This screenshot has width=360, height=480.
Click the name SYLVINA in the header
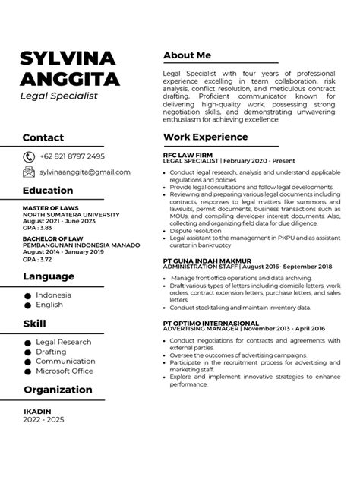click(x=68, y=58)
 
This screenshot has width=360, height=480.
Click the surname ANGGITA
click(x=69, y=78)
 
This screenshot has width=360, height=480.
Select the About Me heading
click(x=187, y=55)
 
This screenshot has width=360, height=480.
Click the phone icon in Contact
click(x=29, y=156)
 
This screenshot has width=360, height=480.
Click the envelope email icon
click(x=29, y=172)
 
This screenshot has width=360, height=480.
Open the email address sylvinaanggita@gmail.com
click(x=84, y=172)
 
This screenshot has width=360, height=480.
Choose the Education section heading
click(x=48, y=190)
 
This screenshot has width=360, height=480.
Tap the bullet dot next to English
click(x=28, y=305)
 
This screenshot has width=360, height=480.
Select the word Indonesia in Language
click(x=54, y=295)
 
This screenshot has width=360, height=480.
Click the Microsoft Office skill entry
click(x=65, y=371)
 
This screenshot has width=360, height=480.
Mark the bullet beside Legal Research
click(x=28, y=342)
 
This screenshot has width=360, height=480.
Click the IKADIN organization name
click(x=36, y=412)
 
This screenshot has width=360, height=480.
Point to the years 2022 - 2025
click(x=45, y=419)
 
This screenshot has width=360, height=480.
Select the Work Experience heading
click(x=205, y=137)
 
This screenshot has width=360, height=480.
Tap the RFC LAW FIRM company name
click(x=185, y=155)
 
